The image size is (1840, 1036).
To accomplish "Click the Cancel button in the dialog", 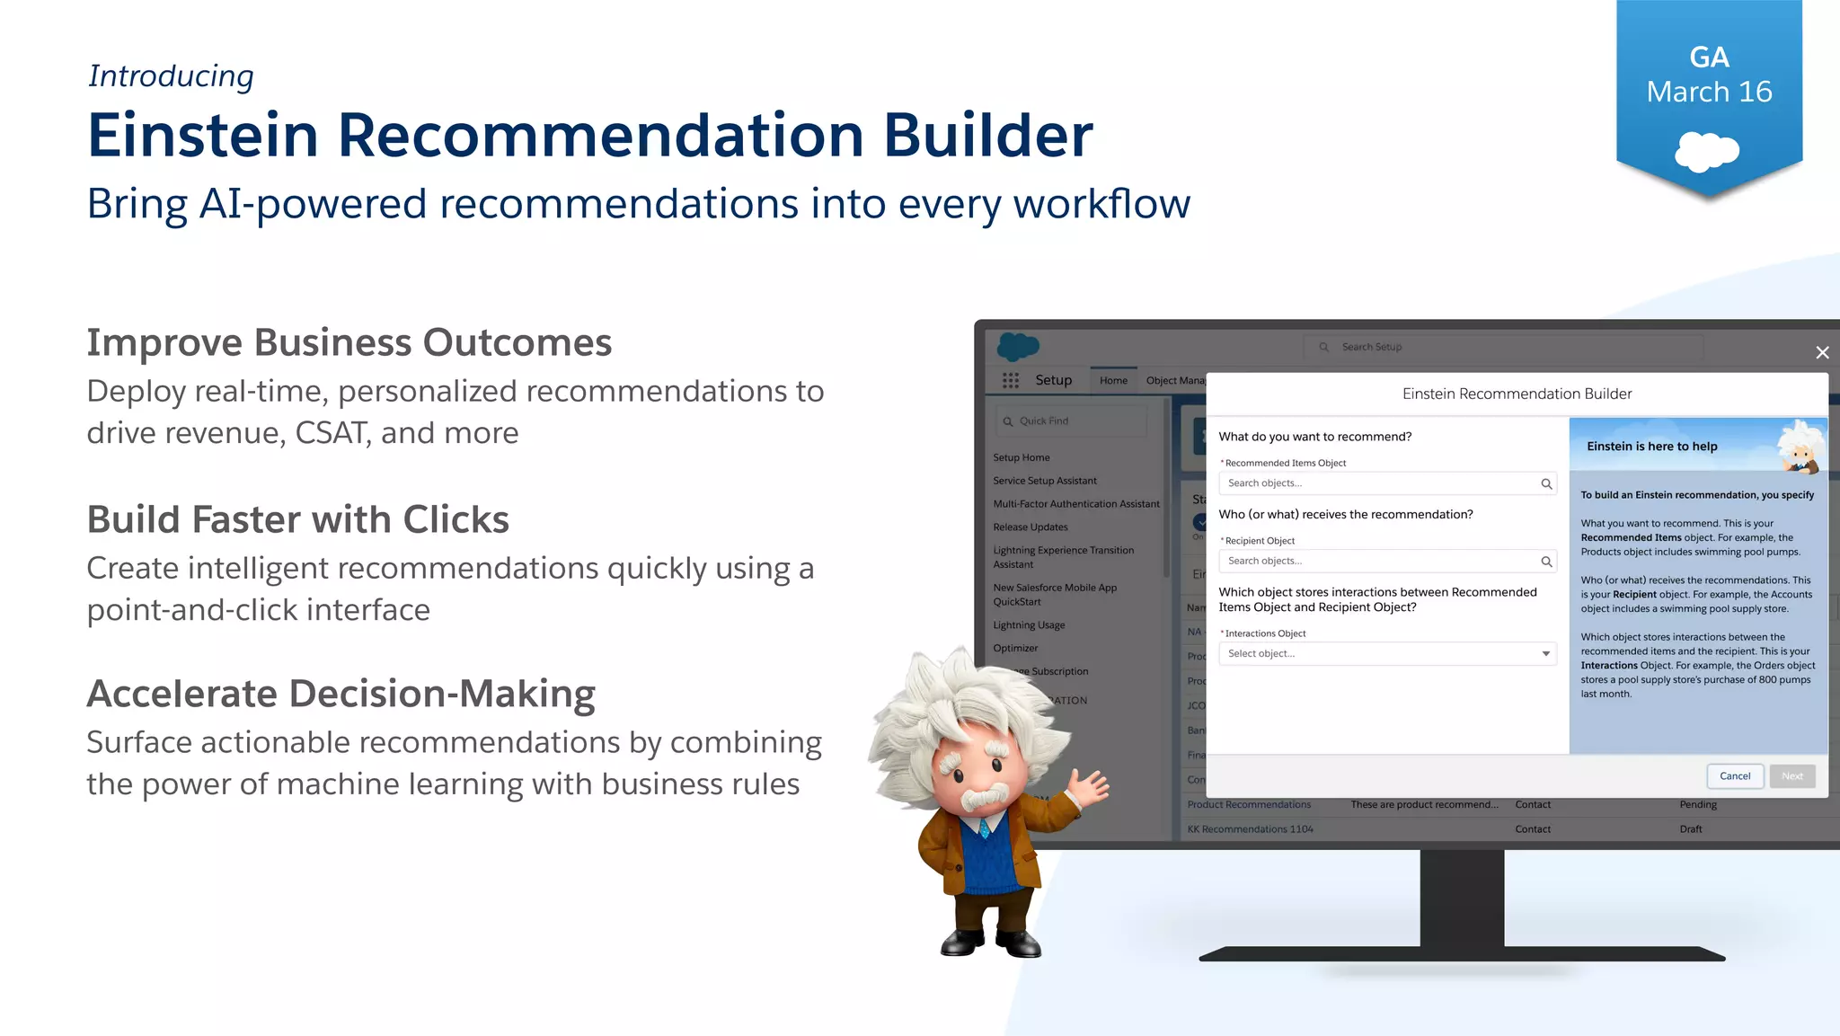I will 1734,776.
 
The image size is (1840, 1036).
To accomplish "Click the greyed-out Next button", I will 1792,776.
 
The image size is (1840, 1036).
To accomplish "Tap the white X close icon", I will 1822,353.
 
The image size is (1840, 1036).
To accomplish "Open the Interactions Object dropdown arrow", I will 1545,654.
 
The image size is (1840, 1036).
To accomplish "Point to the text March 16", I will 1709,92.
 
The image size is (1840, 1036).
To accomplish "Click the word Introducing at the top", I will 171,76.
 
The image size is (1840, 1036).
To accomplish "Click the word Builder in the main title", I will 987,136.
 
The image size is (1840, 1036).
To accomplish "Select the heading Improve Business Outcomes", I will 349,342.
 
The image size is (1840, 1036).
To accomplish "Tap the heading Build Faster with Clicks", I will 297,519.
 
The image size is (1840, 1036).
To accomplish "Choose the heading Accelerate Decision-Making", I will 341,694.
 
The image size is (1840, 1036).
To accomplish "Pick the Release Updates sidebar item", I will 1031,527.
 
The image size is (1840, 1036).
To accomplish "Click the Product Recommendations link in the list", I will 1249,805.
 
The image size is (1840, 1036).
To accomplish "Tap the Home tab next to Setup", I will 1113,381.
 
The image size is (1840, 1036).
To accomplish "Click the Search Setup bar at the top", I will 1502,347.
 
